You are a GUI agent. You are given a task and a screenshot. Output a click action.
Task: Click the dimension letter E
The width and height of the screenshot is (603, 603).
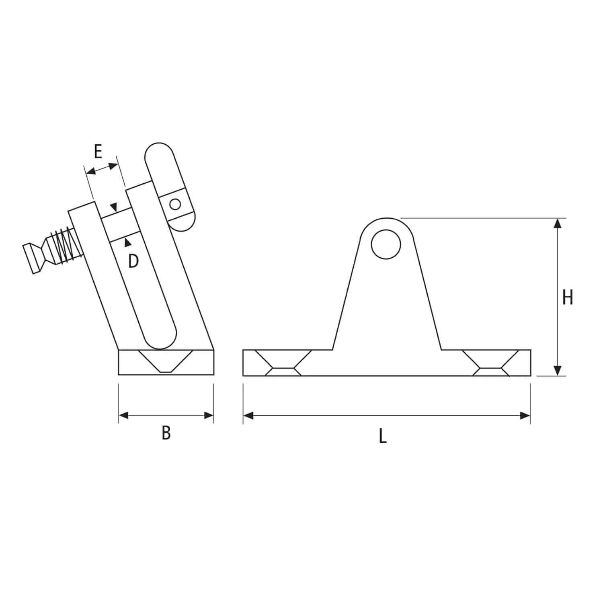[x=98, y=152]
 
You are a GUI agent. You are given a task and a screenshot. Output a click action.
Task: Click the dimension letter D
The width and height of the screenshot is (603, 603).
[x=133, y=261]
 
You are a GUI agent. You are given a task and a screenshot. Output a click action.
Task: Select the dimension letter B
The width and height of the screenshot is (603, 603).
[x=166, y=433]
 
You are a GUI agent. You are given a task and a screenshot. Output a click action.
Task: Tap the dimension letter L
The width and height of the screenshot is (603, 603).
[x=382, y=436]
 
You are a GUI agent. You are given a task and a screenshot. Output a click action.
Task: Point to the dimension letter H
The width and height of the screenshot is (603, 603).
[x=567, y=298]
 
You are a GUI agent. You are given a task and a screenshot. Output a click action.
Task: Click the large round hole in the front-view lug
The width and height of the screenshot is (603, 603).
[x=386, y=244]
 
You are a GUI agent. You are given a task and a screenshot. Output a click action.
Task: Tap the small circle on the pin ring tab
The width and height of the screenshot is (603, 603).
[x=175, y=204]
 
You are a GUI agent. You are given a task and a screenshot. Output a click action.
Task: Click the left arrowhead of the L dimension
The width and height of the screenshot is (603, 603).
[x=248, y=415]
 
